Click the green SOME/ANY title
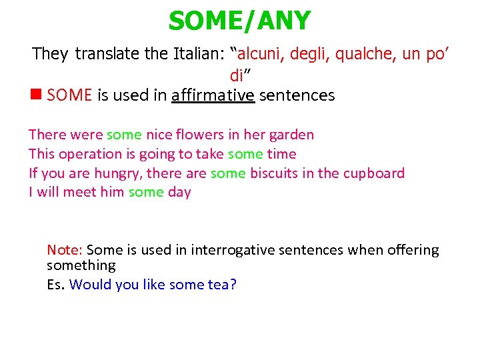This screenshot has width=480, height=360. click(239, 21)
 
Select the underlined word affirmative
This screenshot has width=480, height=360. click(213, 95)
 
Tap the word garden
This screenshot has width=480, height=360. click(291, 135)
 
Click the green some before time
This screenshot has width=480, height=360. click(245, 154)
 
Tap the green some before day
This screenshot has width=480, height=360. click(146, 193)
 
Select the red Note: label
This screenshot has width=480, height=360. click(65, 250)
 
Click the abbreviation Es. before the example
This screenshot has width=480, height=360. click(56, 285)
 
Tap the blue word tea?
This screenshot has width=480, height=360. click(222, 285)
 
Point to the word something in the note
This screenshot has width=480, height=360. click(81, 265)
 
